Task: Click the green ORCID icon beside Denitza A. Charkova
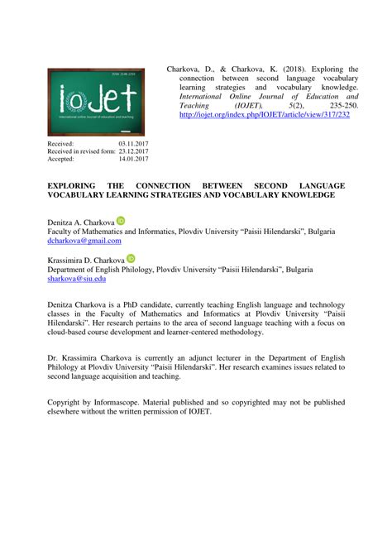point(121,221)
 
